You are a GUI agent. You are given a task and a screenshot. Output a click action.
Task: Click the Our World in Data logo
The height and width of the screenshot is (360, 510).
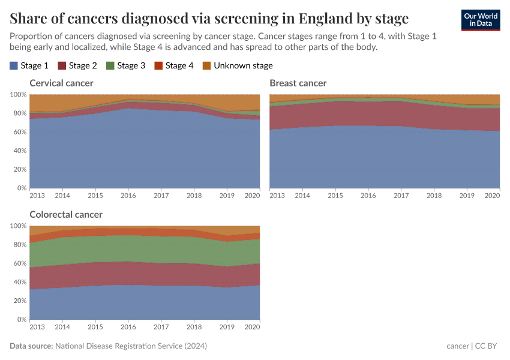pos(480,20)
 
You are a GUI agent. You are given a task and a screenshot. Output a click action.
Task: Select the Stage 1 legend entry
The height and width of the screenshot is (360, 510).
pos(29,65)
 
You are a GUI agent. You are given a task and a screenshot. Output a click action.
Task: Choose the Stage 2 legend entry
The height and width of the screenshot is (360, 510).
pos(77,65)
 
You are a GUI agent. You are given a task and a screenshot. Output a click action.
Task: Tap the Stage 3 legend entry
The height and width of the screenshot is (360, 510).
pos(125,65)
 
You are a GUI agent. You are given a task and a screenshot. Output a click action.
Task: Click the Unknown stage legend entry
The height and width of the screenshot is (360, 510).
pos(237,65)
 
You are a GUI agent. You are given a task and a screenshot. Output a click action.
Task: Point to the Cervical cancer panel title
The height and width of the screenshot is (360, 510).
pos(62,83)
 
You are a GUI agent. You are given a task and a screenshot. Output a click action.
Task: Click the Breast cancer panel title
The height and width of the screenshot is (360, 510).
pos(298,83)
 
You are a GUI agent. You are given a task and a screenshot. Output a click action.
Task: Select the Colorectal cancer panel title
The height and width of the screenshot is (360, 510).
pos(66,214)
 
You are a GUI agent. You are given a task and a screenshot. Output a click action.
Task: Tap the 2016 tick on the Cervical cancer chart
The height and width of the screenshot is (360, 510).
pos(128,196)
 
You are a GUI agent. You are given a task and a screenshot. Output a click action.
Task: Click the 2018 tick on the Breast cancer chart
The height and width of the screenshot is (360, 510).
pos(434,196)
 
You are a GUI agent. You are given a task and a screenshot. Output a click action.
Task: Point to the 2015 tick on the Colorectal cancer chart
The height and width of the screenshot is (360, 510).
pos(95,327)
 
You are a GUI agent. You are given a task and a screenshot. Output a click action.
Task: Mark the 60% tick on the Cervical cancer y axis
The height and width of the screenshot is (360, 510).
pos(19,132)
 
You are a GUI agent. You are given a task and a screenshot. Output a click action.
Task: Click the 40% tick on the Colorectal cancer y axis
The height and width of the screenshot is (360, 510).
pos(19,282)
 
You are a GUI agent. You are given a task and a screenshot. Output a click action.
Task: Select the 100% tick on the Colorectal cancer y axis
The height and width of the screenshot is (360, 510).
pos(18,226)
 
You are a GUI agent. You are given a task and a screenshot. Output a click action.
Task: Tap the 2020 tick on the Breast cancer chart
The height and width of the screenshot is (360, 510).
pos(492,196)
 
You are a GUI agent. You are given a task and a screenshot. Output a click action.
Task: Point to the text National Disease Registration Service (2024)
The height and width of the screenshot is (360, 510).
pos(131,346)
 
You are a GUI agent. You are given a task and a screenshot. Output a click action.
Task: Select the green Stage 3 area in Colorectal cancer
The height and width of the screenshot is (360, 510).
pos(144,249)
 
